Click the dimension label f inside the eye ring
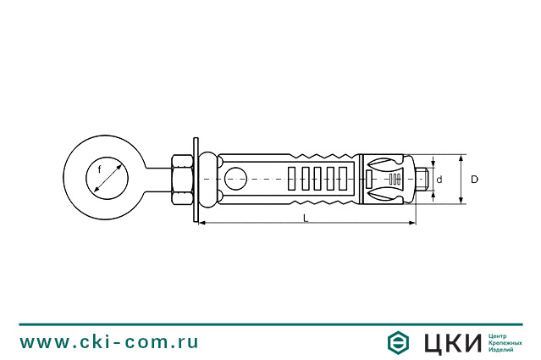point(99,169)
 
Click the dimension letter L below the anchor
point(306,219)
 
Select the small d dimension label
point(439,180)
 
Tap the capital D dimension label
point(474,179)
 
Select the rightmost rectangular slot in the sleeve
point(344,179)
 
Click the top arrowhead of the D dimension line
point(461,158)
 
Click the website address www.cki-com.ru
point(109,341)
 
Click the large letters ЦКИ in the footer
point(450,341)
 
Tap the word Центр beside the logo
point(499,335)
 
